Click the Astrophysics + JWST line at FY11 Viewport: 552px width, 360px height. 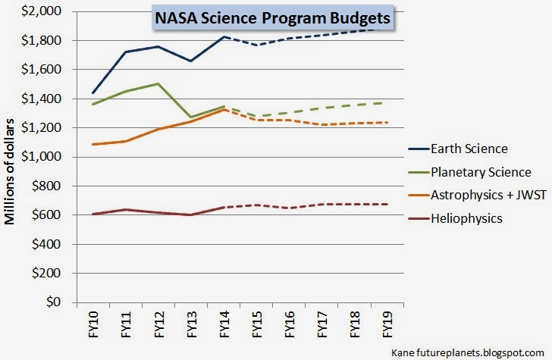[124, 141]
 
